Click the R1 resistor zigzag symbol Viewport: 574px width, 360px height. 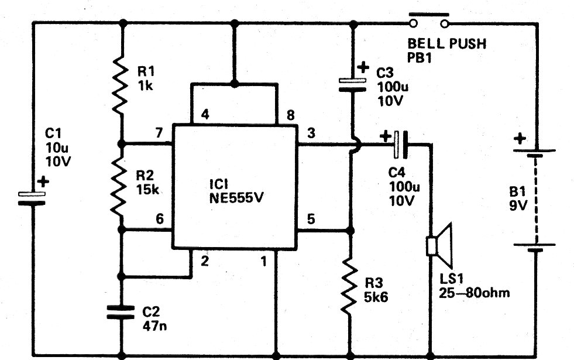(x=120, y=85)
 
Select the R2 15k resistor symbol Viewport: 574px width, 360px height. (x=119, y=187)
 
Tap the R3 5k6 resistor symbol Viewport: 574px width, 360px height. (x=349, y=287)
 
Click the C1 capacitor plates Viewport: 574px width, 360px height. (x=32, y=198)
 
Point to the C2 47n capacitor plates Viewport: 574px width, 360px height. (x=121, y=312)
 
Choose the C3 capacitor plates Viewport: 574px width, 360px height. (x=352, y=85)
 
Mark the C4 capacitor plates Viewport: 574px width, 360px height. (x=400, y=145)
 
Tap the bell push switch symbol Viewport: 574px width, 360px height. (x=429, y=20)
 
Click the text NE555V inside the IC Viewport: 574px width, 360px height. (x=236, y=198)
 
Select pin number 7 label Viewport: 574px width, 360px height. (x=159, y=132)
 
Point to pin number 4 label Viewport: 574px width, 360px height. (x=205, y=115)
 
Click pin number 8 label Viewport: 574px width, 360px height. (x=290, y=115)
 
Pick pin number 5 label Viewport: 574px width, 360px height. (x=311, y=219)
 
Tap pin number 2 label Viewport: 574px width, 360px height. (x=205, y=261)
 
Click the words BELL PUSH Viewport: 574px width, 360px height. (x=447, y=44)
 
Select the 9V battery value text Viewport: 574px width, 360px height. (x=518, y=205)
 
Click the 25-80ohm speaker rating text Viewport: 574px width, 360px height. (x=475, y=293)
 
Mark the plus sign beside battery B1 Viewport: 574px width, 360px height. (x=520, y=138)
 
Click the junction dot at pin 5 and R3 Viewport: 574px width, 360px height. (x=350, y=231)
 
